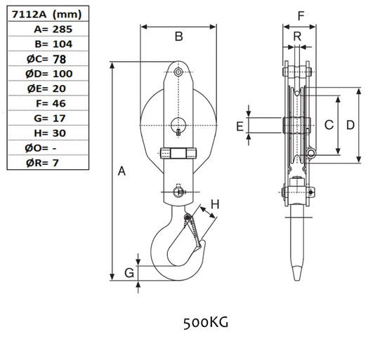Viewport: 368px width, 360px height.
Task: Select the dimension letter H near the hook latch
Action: pos(216,204)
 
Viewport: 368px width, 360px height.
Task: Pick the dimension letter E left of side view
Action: pos(239,126)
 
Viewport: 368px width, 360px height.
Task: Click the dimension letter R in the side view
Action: pos(297,36)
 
